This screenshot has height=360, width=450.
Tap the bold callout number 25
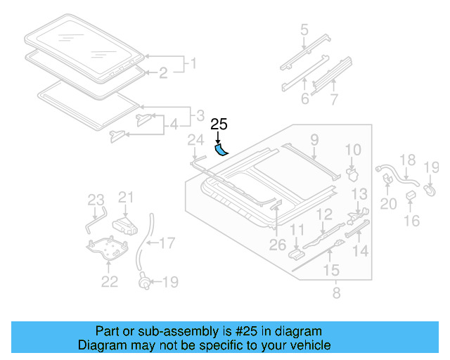point(219,124)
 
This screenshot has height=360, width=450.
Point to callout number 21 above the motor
point(126,197)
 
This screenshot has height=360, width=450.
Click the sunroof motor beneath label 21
point(125,224)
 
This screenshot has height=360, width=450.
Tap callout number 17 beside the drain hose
point(167,244)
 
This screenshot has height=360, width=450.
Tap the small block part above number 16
point(411,203)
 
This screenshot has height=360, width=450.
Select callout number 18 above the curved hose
point(407,162)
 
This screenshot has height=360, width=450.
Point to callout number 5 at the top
point(304,30)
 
